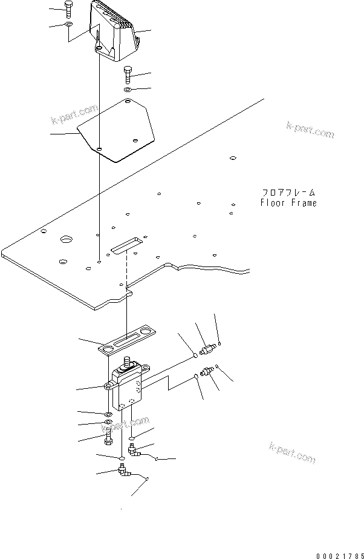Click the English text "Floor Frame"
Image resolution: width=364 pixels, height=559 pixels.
[288, 203]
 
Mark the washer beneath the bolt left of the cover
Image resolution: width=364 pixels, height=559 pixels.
[68, 25]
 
